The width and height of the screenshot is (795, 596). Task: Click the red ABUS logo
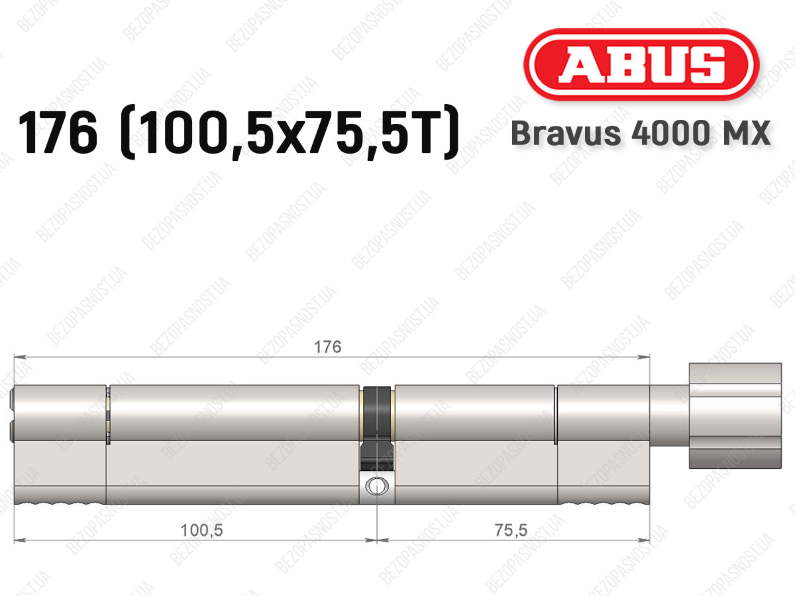coord(641,64)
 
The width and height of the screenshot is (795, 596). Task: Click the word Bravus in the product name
coord(566,133)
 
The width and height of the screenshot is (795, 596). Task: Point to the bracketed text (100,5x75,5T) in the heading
coord(290,132)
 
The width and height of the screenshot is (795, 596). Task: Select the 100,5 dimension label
coord(202,530)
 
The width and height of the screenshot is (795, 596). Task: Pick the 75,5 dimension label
coord(511,530)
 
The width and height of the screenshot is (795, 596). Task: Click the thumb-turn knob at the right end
coord(735,416)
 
